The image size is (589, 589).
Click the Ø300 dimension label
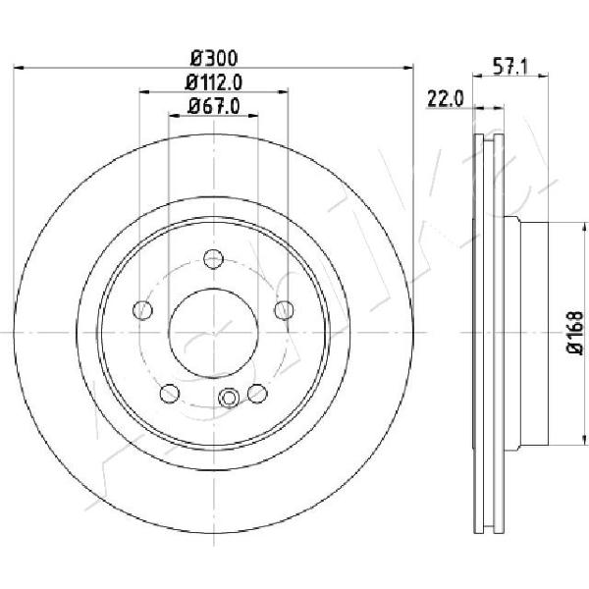pos(214,58)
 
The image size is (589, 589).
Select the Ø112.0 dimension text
pos(213,82)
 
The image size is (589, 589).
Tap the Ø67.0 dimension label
pos(213,106)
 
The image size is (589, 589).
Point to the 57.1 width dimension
pos(510,67)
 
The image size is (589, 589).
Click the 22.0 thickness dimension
pos(445,99)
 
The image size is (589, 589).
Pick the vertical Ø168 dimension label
pos(575,333)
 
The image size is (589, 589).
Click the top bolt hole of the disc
pos(213,259)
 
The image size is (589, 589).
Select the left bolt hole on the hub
pos(142,310)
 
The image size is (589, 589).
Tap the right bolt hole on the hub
pos(284,310)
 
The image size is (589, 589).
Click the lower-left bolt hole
pos(170,394)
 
